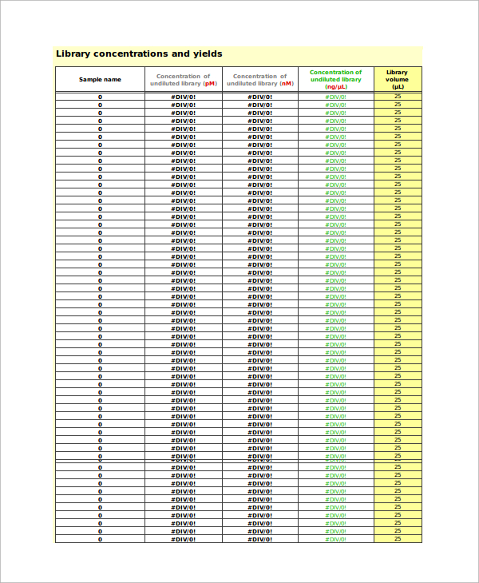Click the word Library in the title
tap(73, 54)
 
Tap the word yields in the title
tap(207, 54)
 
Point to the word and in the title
tap(180, 54)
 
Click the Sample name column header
tap(100, 80)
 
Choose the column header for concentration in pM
tap(183, 80)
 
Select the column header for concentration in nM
tap(259, 80)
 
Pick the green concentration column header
tap(335, 79)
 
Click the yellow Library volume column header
tap(397, 79)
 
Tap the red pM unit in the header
tap(209, 84)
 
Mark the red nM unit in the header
tap(286, 84)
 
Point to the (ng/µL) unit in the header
tap(335, 86)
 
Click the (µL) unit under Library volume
tap(397, 87)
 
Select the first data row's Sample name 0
tap(100, 97)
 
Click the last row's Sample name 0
tap(100, 539)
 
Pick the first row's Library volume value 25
tap(397, 97)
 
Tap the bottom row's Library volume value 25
tap(397, 539)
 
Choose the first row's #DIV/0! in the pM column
tap(183, 97)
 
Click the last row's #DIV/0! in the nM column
tap(259, 539)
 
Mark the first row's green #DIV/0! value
tap(335, 97)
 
